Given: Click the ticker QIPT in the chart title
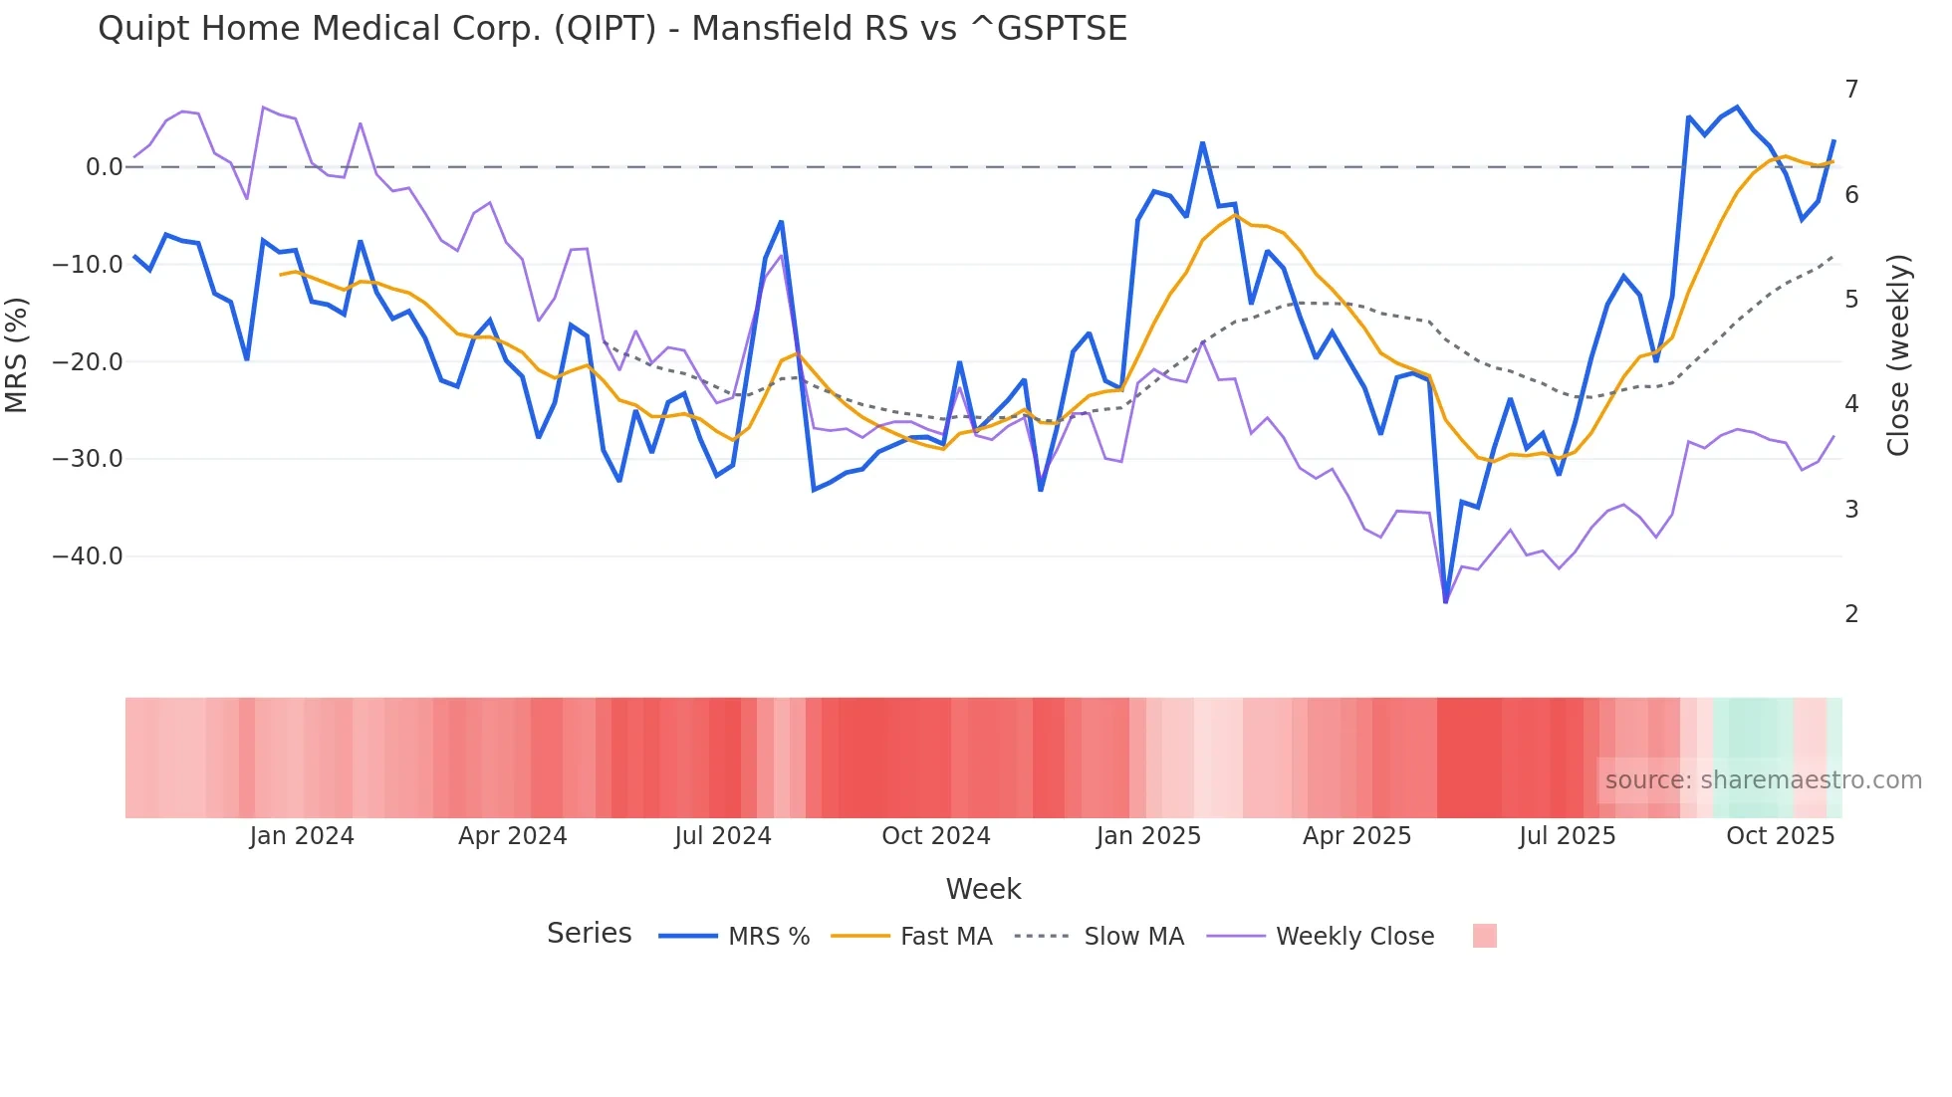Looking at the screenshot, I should (605, 29).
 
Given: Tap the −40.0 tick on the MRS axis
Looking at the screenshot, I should (88, 556).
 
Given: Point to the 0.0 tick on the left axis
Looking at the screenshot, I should (104, 167).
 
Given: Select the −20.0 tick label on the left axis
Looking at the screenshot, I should (88, 362).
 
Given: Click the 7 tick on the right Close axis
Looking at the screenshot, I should (1851, 90).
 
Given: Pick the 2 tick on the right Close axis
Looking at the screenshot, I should (1851, 614).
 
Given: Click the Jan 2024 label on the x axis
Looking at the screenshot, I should (302, 836).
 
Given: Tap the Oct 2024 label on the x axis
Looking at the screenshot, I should (936, 836).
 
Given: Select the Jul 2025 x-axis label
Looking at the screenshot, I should (1567, 836).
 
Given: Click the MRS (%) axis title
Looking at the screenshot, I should (17, 354).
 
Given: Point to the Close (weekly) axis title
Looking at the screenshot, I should (1899, 354).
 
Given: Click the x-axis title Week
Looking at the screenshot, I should (983, 889).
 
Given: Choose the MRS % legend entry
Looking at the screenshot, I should (768, 937).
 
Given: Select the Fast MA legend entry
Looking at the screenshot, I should (945, 937).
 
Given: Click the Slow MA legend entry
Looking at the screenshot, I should (1133, 937).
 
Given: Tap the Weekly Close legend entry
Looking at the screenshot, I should (1354, 937).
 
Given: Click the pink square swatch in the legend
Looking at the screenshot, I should (1484, 937).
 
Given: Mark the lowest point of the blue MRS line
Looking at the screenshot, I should (1446, 601).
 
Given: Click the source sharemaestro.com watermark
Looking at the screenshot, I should (1763, 780).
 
